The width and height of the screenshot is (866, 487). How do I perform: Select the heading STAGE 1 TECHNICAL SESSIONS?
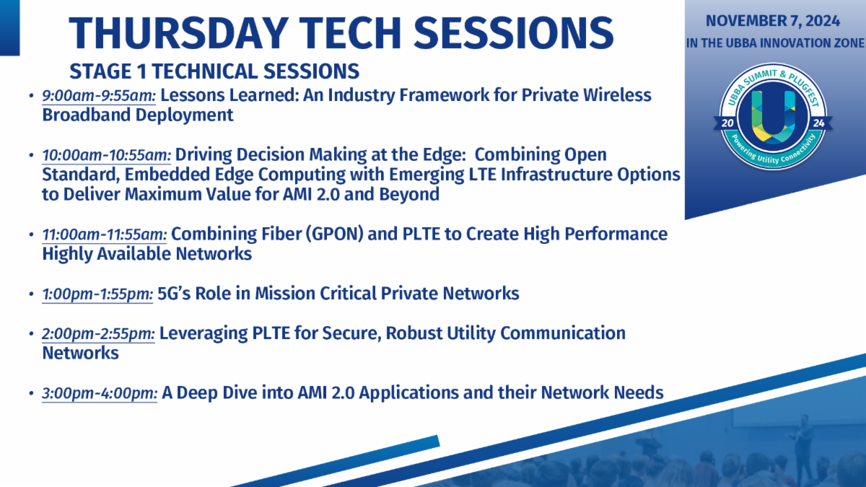pos(214,71)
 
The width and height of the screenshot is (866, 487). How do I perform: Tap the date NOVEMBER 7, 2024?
pos(773,21)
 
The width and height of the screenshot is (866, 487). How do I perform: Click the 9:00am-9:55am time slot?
pos(99,95)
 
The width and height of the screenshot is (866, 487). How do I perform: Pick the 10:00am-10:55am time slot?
pos(106,155)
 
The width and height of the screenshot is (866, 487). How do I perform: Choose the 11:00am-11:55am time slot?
pos(105,234)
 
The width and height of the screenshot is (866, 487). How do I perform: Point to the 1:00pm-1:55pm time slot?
pos(97,294)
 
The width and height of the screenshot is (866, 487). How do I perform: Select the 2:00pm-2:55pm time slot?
pos(98,334)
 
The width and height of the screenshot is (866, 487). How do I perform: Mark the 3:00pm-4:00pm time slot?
pos(100,393)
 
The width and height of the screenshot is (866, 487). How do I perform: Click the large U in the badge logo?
pos(773,117)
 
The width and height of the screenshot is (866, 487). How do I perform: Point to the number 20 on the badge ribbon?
pos(727,123)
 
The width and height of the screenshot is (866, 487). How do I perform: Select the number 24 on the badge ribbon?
pos(818,123)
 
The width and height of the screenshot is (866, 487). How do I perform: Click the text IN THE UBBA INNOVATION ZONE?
pos(775,43)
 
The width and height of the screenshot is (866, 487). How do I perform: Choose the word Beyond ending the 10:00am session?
pos(409,194)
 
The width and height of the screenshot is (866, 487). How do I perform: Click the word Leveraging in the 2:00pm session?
pos(204,334)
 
